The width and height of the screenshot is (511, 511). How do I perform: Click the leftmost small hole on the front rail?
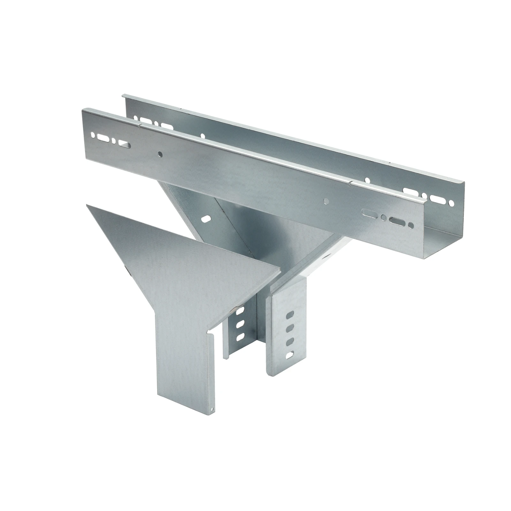pyautogui.click(x=93, y=136)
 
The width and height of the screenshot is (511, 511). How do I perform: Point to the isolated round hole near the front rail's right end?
pyautogui.click(x=326, y=201)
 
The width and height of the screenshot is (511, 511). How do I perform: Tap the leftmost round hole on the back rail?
pyautogui.click(x=136, y=119)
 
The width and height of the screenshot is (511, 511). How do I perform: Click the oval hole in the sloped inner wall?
pyautogui.click(x=206, y=219)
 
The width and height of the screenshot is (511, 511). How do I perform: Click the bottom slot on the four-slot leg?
pyautogui.click(x=290, y=354)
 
